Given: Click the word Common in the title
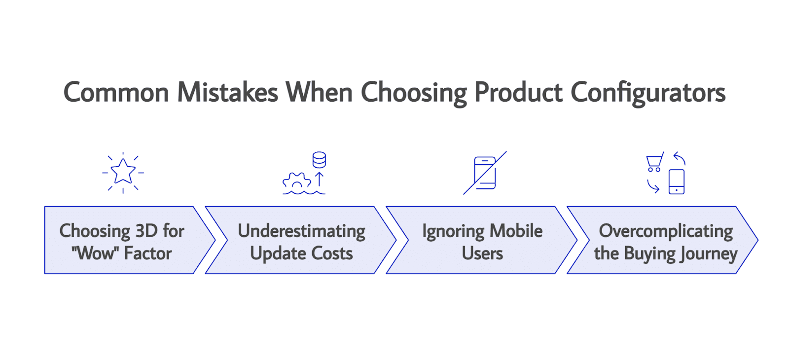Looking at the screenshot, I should pos(116,93).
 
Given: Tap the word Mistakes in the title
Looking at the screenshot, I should pos(227,93).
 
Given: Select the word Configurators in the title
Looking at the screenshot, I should pos(648,93).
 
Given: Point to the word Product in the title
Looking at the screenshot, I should pos(518,93).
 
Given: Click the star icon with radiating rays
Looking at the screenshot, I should pos(123,172).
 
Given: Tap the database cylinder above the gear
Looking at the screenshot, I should pos(319,160).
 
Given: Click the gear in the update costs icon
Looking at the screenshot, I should pos(296,182).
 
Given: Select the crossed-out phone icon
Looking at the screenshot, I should pos(485,173).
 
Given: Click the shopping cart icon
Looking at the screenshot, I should pos(654,162).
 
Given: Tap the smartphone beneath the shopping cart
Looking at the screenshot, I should pos(676,181).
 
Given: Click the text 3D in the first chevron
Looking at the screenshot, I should pos(146,231).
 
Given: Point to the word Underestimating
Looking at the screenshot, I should pos(301,231).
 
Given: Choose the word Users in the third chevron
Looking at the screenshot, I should pos(482,253).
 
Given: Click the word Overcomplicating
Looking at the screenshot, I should pos(666,231).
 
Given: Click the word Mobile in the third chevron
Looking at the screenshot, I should pos(516,231).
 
